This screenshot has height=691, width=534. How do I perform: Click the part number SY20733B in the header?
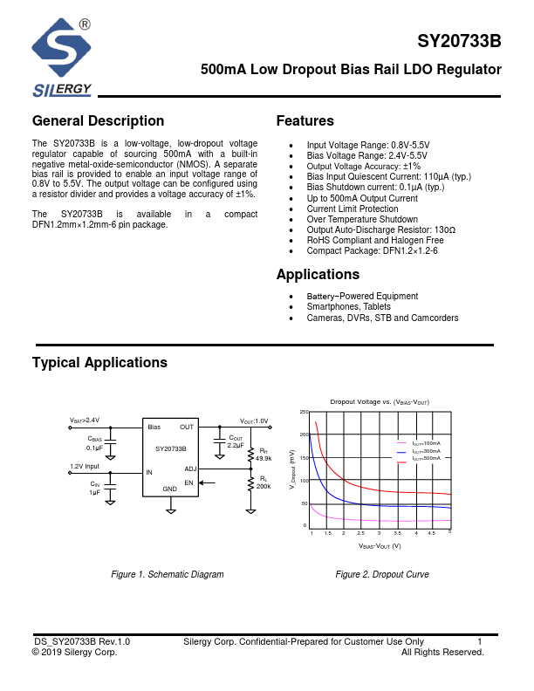click(x=459, y=42)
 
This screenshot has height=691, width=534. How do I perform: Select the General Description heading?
click(x=98, y=121)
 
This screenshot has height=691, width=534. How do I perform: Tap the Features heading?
click(x=305, y=121)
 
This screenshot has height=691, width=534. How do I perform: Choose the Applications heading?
click(x=318, y=275)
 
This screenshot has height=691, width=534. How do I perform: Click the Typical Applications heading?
click(x=99, y=362)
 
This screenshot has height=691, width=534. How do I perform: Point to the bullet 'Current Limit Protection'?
click(x=352, y=209)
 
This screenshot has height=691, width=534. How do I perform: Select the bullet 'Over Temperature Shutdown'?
click(x=361, y=220)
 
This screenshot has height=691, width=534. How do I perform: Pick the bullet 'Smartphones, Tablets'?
click(x=347, y=307)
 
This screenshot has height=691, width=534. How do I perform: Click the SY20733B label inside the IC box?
click(x=170, y=448)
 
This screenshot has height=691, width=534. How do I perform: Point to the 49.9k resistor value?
click(x=263, y=458)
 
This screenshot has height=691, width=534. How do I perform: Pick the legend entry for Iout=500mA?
click(x=426, y=458)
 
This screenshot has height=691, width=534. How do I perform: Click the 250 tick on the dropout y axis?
click(x=304, y=412)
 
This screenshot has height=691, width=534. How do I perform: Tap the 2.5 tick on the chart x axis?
click(x=361, y=533)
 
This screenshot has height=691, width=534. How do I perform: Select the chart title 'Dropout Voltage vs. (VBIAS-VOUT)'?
click(x=380, y=401)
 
